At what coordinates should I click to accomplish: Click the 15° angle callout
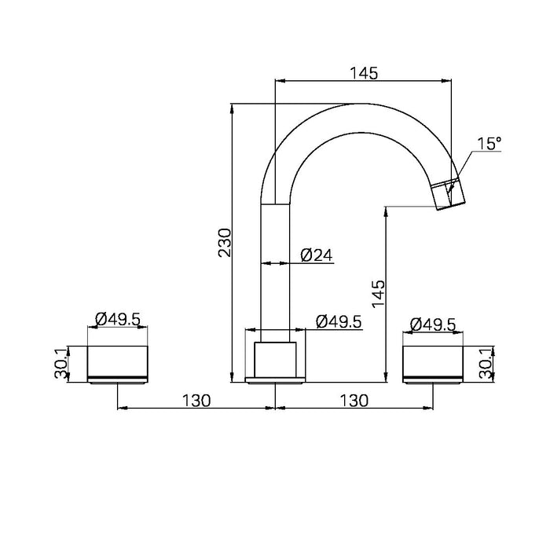coord(489,144)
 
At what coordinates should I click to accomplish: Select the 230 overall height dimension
coord(225,243)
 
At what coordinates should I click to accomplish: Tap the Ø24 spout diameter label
coord(317,255)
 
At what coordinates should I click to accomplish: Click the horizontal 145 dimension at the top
coord(364,73)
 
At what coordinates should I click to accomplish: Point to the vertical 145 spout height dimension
coord(378,294)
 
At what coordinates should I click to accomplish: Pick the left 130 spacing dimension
coord(196,400)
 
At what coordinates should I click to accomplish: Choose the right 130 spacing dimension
coord(354,400)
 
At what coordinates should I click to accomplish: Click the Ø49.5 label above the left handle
coord(118,319)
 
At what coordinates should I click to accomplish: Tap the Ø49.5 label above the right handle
coord(433,324)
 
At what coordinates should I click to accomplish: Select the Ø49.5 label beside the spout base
coord(339,321)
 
